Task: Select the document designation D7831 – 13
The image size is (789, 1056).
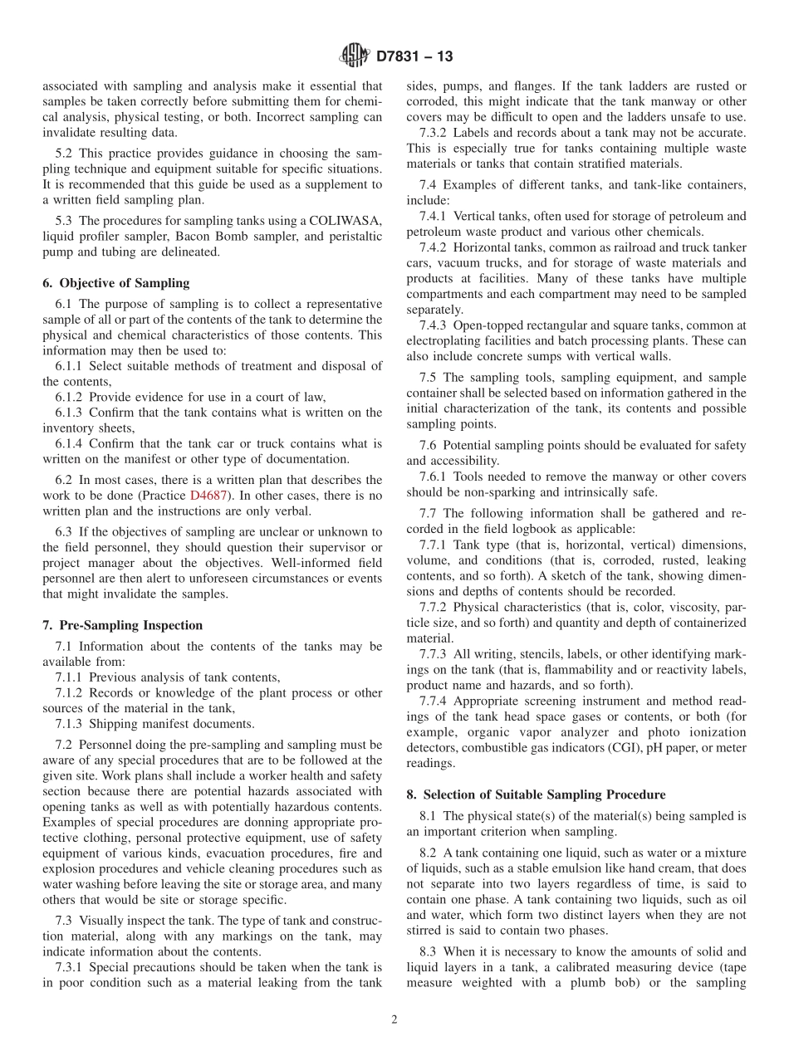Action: pyautogui.click(x=414, y=57)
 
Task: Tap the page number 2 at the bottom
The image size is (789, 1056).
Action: pyautogui.click(x=394, y=1020)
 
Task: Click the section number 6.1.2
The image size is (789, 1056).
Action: pyautogui.click(x=71, y=397)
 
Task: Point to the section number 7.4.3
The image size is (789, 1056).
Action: pyautogui.click(x=434, y=325)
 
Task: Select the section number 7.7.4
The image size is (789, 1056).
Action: pyautogui.click(x=434, y=701)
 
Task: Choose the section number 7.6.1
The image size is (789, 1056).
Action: pyautogui.click(x=434, y=477)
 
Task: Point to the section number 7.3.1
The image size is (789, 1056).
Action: pyautogui.click(x=71, y=967)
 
